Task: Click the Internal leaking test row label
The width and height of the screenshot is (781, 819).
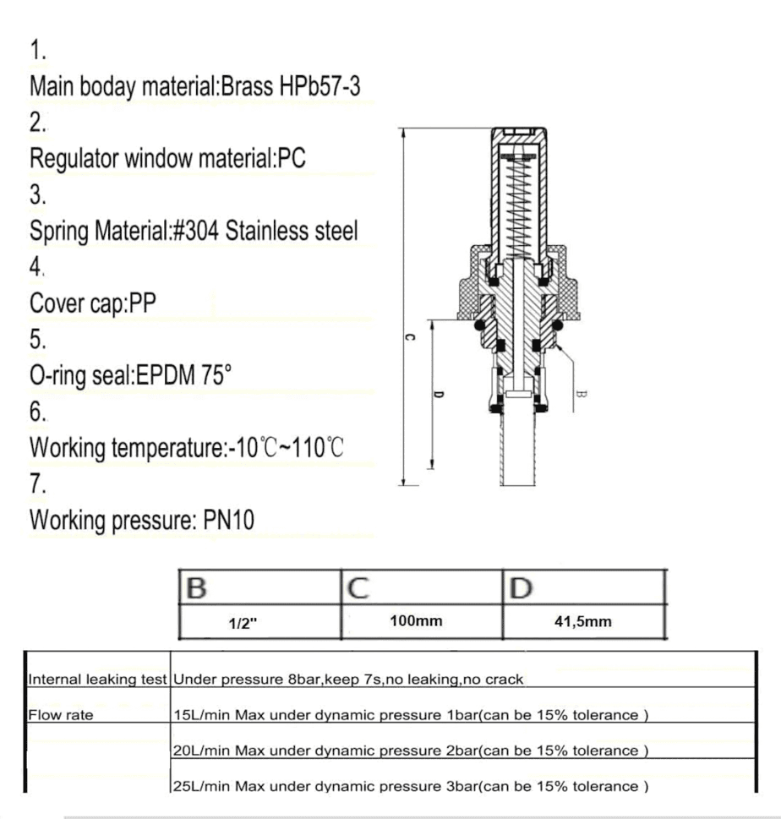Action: (99, 679)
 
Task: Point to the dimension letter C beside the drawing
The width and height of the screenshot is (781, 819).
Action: (409, 337)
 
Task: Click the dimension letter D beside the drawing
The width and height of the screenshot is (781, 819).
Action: (438, 394)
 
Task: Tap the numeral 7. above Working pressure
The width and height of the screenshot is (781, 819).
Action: (38, 484)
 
